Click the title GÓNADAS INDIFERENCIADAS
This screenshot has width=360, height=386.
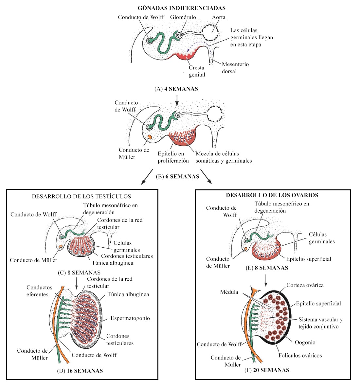(182, 8)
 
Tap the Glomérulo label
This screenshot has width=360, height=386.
(183, 17)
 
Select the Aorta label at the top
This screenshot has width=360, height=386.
(219, 17)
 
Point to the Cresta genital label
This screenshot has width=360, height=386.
(197, 71)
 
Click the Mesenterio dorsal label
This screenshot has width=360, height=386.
(235, 68)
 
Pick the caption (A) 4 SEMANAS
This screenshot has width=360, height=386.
(176, 89)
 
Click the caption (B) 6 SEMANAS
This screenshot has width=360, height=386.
(177, 177)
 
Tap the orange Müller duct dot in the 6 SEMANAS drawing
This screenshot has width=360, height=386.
(149, 137)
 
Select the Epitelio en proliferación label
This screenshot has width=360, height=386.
(173, 157)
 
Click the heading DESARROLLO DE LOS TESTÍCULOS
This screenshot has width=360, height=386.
(81, 197)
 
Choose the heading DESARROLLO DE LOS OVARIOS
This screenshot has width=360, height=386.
(272, 195)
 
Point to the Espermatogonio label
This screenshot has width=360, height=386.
(130, 318)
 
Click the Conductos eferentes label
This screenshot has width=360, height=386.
(39, 291)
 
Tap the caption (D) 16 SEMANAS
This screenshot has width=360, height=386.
(80, 371)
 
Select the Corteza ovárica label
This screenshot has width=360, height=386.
(305, 285)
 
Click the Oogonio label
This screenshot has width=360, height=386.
(305, 342)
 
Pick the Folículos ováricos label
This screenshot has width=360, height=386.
(300, 356)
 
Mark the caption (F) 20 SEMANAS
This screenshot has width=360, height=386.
(267, 370)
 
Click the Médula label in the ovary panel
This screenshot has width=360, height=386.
(229, 292)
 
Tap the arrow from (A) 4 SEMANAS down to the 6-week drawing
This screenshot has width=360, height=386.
(177, 100)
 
